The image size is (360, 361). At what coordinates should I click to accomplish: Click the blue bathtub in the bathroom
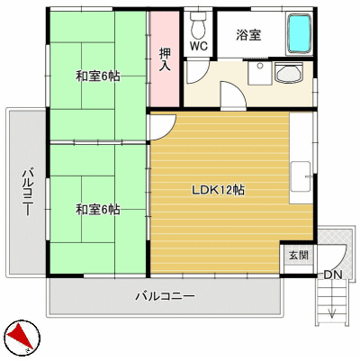299,33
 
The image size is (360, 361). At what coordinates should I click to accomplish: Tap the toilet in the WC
198,23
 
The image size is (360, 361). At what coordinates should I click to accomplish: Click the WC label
198,46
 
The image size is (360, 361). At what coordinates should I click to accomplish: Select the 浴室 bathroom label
248,35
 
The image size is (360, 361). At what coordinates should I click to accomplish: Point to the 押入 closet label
165,59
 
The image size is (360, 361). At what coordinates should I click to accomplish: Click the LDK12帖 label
218,190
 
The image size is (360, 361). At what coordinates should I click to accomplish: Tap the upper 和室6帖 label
98,77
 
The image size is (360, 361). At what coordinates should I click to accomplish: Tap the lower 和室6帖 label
98,210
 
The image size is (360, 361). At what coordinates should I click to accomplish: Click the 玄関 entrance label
299,256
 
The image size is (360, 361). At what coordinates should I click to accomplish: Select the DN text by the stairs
333,275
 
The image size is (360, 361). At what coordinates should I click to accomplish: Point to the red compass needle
19,338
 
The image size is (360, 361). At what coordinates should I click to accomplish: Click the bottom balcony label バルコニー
166,296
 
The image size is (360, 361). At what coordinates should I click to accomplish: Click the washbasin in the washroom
289,74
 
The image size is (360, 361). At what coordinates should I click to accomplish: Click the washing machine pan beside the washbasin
260,73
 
